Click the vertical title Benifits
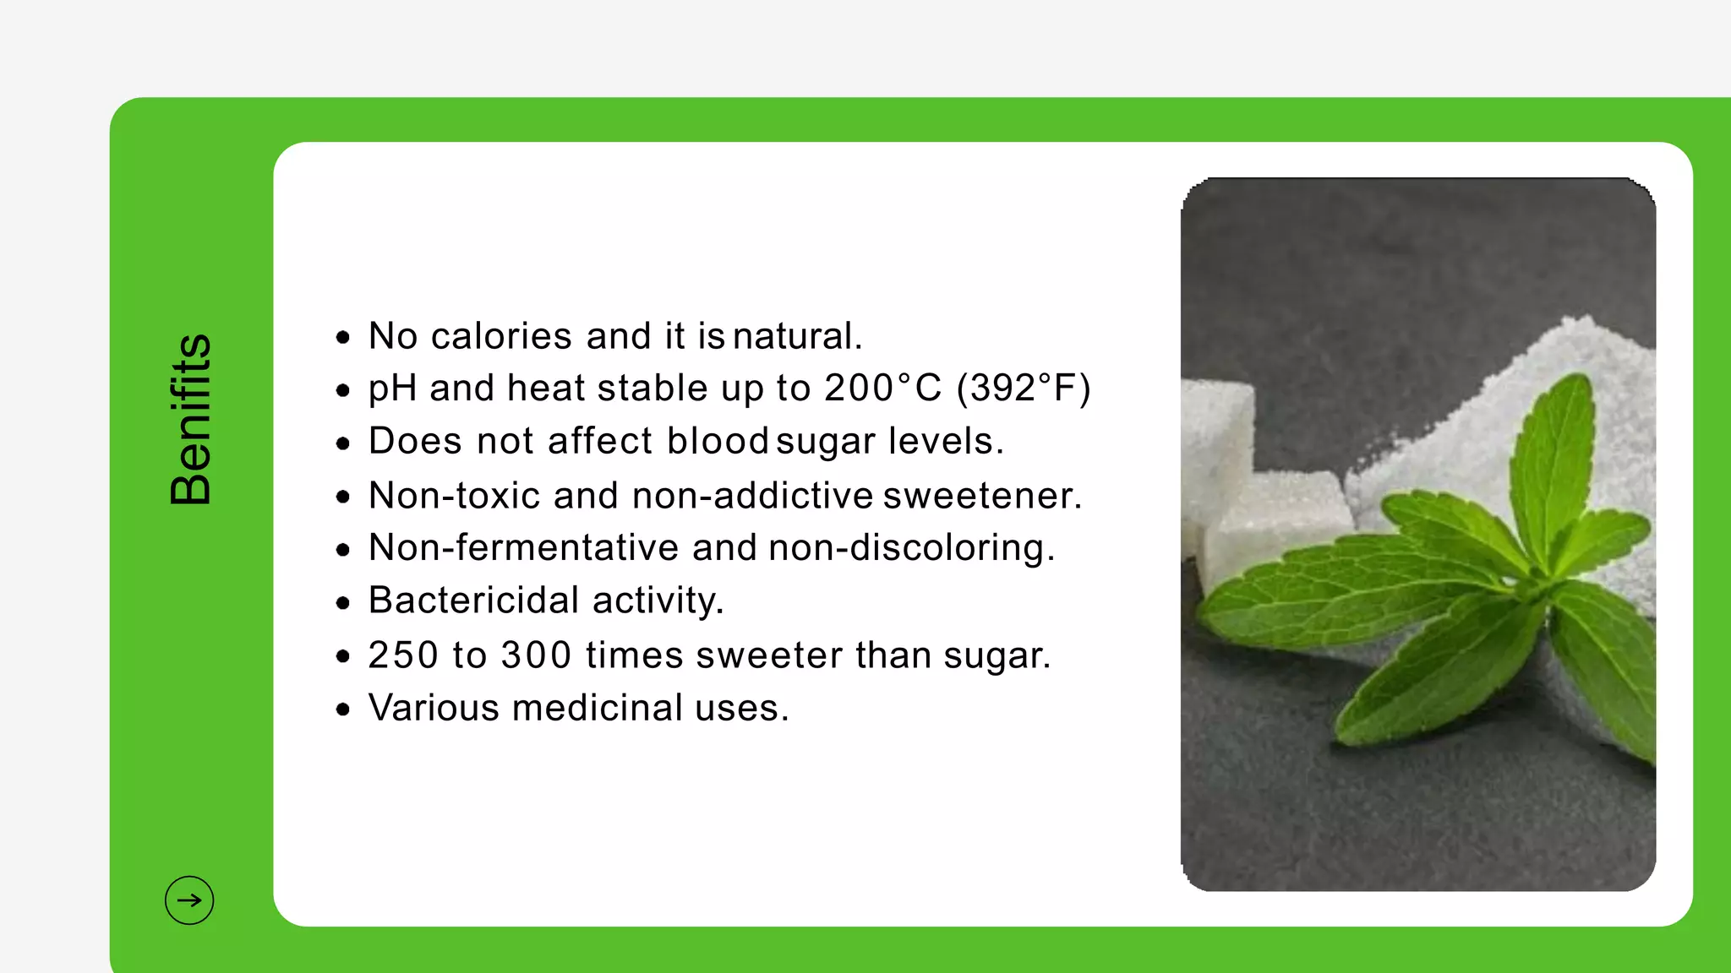pyautogui.click(x=190, y=420)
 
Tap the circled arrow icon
pyautogui.click(x=189, y=900)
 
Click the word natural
pyautogui.click(x=797, y=336)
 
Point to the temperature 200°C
pyautogui.click(x=882, y=389)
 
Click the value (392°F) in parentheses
pyautogui.click(x=1024, y=389)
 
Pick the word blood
pyautogui.click(x=718, y=441)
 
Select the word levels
pyautogui.click(x=946, y=441)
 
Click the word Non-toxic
pyautogui.click(x=454, y=496)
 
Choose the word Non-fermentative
pyautogui.click(x=523, y=548)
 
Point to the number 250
pyautogui.click(x=403, y=655)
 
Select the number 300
pyautogui.click(x=536, y=655)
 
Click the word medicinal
pyautogui.click(x=597, y=708)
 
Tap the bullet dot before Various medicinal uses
pyautogui.click(x=342, y=709)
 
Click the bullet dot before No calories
pyautogui.click(x=342, y=338)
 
